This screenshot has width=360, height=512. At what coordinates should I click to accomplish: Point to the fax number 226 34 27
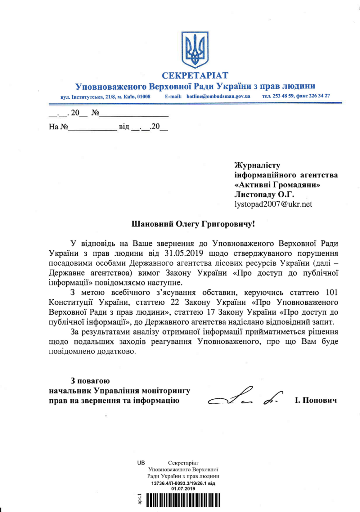point(318,95)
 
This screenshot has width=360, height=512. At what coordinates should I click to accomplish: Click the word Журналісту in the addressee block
point(258,165)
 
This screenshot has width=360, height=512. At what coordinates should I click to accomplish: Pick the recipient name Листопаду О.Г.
point(265,194)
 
